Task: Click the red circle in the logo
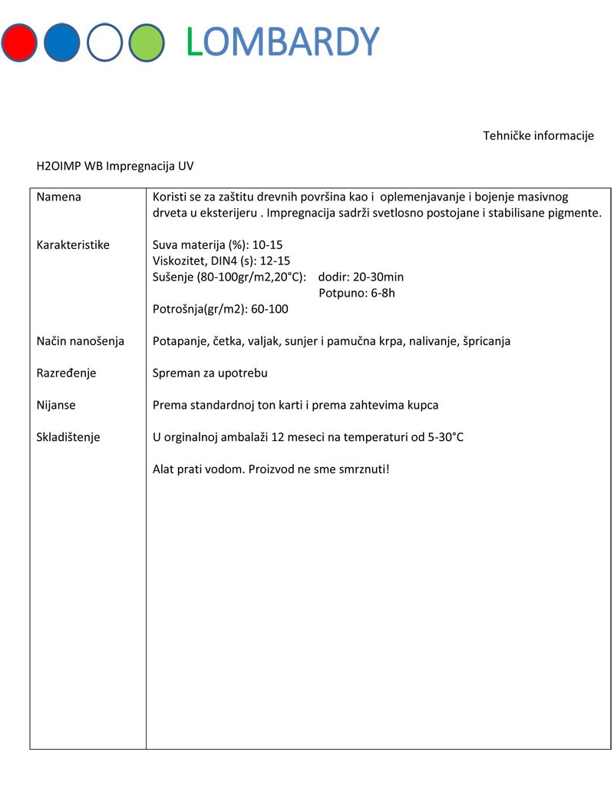pos(19,42)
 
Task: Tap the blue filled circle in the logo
pos(62,42)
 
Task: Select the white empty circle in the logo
pos(104,42)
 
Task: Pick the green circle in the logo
pos(147,42)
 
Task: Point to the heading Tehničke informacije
pos(538,136)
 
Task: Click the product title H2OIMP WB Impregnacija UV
pos(120,165)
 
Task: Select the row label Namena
pos(59,197)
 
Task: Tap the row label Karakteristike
pos(73,245)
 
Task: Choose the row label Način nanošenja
pos(81,341)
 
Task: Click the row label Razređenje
pos(68,373)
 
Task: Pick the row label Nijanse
pos(56,405)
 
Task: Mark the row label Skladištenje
pos(68,437)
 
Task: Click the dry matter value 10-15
pos(268,245)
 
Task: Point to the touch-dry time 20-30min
pos(379,277)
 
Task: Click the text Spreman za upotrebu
pos(210,373)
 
